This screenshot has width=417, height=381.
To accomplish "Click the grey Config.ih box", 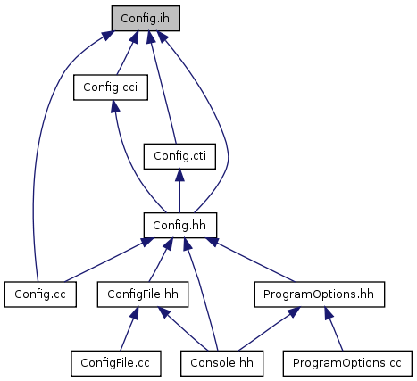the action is click(146, 18).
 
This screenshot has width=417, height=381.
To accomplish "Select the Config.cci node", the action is click(111, 87).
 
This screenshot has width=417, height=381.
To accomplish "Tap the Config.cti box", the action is click(179, 156).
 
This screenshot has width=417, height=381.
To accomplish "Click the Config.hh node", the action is click(180, 225).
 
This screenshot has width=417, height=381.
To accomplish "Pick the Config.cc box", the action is click(40, 294).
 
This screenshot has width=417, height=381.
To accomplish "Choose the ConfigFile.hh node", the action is click(143, 294).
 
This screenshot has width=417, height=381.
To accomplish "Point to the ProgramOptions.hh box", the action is click(320, 294).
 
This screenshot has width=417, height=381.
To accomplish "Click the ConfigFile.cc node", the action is click(116, 363).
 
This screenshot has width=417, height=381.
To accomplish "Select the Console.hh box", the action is click(221, 363).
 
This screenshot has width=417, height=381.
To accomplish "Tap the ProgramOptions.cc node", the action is click(347, 363).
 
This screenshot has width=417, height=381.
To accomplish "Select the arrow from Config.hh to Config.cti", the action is click(179, 191).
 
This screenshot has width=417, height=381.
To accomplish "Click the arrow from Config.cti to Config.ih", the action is click(163, 89).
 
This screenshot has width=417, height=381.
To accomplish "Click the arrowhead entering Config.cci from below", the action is click(115, 106).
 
